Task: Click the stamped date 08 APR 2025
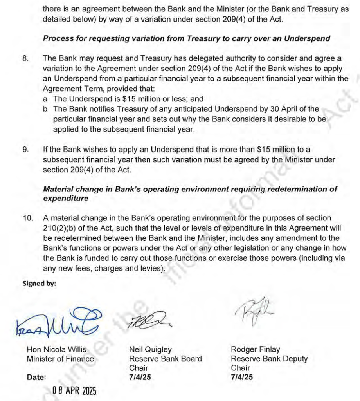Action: tap(75, 390)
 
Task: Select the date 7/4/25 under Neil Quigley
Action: tap(140, 377)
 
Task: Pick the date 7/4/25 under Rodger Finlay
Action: tap(242, 377)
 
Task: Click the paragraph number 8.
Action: tap(25, 58)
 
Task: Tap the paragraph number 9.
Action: tap(25, 149)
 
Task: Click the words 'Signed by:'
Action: tap(39, 283)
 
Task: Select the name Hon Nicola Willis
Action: tap(56, 349)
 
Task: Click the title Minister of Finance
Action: tap(60, 359)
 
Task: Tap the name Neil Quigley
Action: tap(150, 349)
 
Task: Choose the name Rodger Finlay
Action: tap(256, 349)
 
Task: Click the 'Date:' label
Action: tap(36, 378)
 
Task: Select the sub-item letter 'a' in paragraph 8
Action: tap(45, 99)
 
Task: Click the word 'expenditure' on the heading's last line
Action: tap(66, 198)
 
